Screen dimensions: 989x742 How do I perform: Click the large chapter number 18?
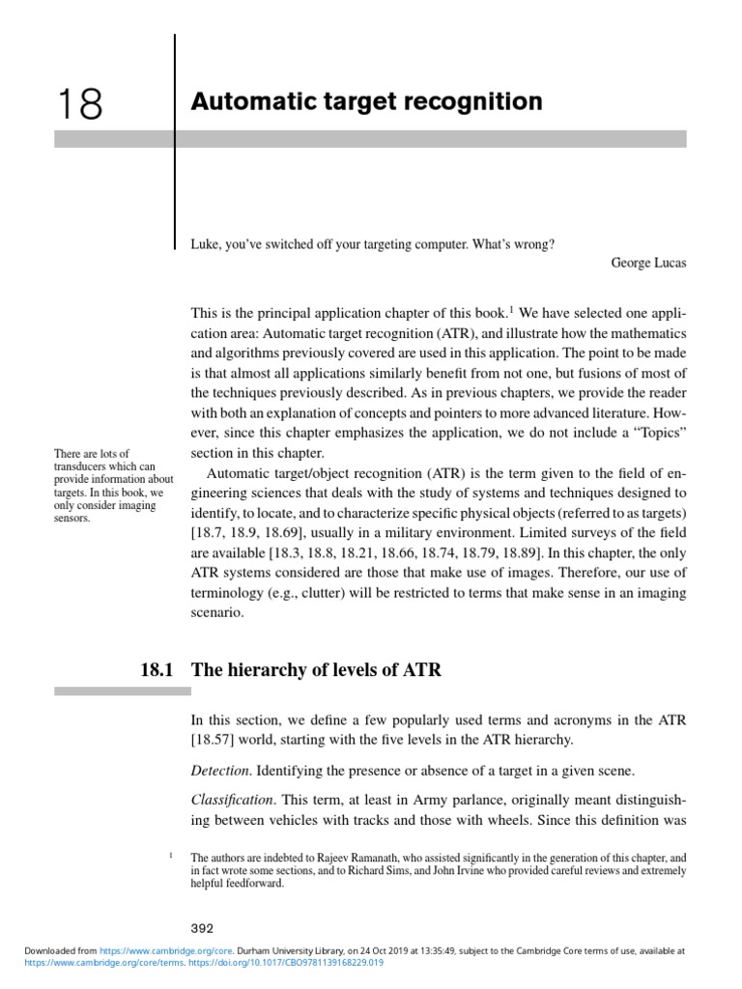pyautogui.click(x=78, y=103)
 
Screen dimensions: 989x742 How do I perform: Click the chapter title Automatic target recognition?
pyautogui.click(x=366, y=101)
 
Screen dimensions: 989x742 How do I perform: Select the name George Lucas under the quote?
pyautogui.click(x=649, y=262)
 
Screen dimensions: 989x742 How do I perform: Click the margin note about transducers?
pyautogui.click(x=113, y=486)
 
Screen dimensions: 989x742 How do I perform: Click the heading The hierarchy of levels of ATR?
pyautogui.click(x=316, y=669)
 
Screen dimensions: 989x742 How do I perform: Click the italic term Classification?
pyautogui.click(x=232, y=801)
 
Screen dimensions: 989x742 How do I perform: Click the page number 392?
pyautogui.click(x=202, y=929)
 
